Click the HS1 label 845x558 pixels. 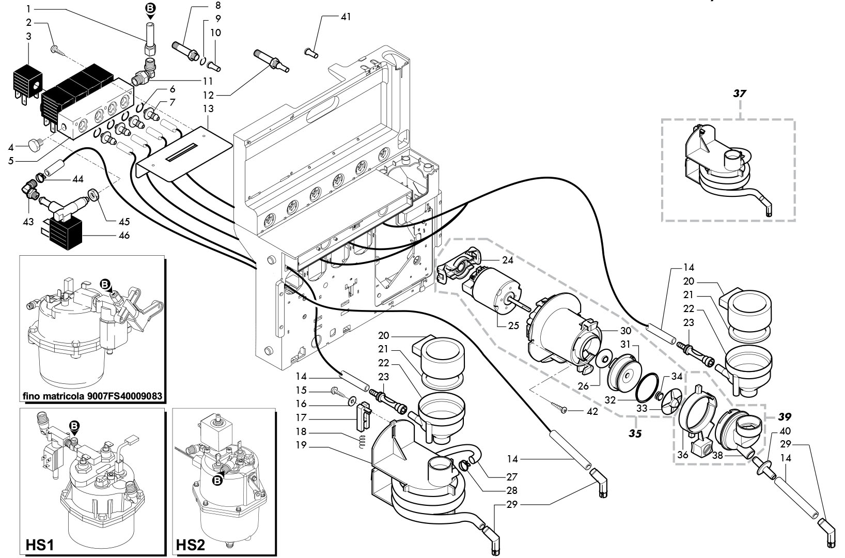click(40, 545)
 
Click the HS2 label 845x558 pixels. click(191, 545)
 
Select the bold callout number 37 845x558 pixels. click(740, 93)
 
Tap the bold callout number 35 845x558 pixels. click(635, 433)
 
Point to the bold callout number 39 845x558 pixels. click(785, 416)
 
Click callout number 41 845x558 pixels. click(346, 17)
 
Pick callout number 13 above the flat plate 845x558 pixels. click(208, 109)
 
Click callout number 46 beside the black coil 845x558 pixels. click(124, 236)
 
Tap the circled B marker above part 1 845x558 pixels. click(150, 8)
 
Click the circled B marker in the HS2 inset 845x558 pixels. click(217, 481)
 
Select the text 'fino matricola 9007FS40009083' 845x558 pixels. click(92, 396)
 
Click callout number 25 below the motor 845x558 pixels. click(513, 325)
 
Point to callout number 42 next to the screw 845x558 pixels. click(592, 411)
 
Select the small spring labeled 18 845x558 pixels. click(361, 441)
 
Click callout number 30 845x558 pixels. click(625, 331)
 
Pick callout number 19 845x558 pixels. click(301, 445)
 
